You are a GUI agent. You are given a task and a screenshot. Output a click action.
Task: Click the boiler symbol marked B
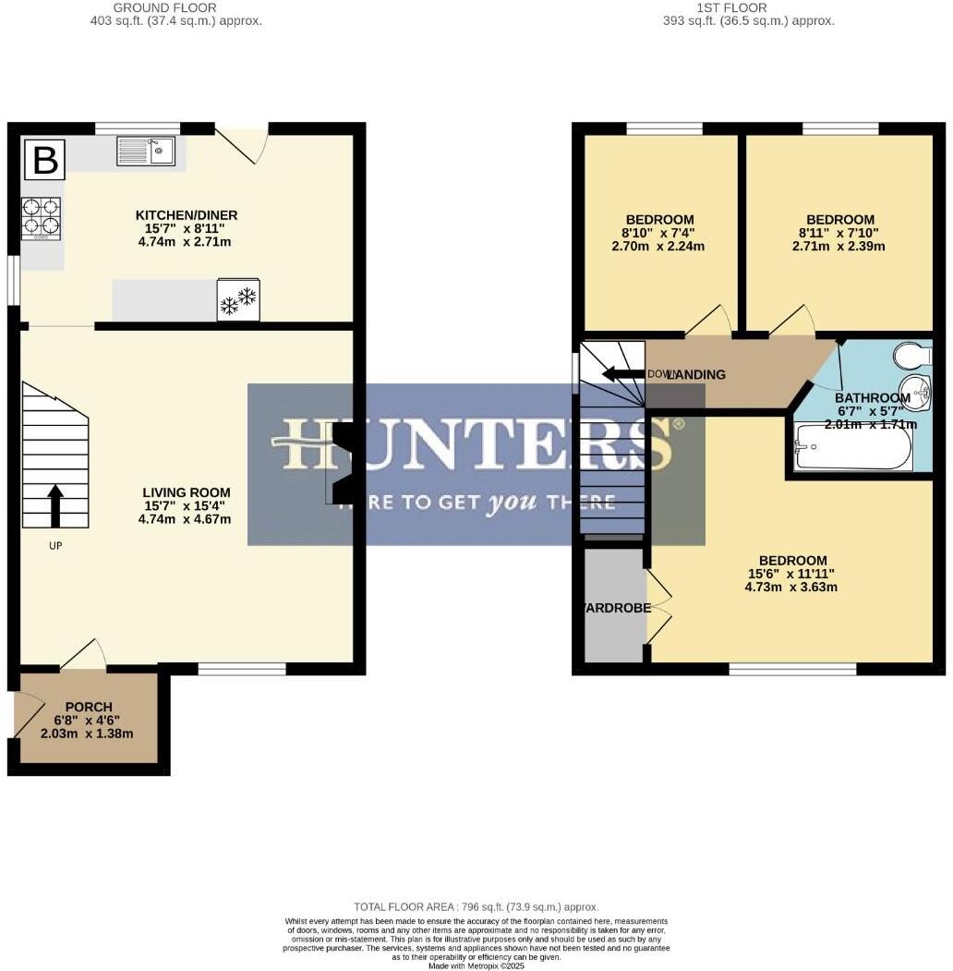point(44,160)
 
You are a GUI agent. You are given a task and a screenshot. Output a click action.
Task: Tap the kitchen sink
point(146,151)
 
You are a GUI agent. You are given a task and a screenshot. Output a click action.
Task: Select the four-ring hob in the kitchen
point(42,218)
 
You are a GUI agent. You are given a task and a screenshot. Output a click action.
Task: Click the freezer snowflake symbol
point(238,300)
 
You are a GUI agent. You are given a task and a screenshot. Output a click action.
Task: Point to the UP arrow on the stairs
point(54,505)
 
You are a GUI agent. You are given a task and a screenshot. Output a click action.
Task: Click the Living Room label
point(187,492)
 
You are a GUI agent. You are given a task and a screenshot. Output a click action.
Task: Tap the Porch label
point(88,707)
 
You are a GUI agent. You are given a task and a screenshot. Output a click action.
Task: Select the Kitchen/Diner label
point(187,215)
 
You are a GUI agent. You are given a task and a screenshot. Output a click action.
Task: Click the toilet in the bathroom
point(913,355)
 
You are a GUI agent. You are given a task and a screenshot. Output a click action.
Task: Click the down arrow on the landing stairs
point(623,374)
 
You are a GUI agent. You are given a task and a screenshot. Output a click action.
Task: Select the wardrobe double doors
point(658,606)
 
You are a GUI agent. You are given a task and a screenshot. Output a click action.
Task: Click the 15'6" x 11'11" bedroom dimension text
point(792,574)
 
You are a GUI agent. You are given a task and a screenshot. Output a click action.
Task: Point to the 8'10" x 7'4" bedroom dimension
point(658,234)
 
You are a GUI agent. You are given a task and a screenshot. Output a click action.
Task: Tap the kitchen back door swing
point(242,145)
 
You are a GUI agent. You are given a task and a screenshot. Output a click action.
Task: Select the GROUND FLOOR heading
point(164,7)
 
